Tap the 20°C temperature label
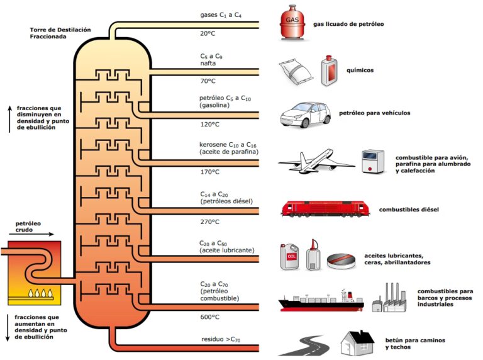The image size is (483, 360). pos(208,33)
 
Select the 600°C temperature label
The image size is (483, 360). pos(209,317)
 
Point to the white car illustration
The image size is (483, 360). pos(306,114)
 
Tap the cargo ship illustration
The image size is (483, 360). pos(321,300)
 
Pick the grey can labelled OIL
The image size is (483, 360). pos(290,257)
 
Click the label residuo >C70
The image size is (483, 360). pos(216,340)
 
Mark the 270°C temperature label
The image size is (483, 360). pos(209,222)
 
